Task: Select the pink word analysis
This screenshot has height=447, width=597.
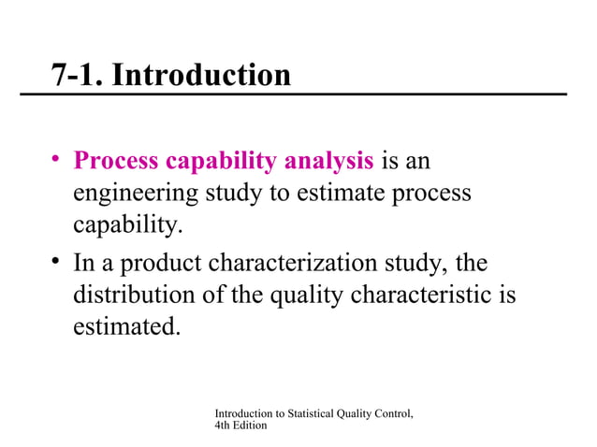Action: [x=328, y=162]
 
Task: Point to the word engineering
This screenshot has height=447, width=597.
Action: [x=129, y=195]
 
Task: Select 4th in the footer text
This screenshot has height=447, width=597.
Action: [x=224, y=425]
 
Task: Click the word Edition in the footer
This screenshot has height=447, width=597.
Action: [x=252, y=425]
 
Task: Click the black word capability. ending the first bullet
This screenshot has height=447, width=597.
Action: [x=117, y=227]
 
